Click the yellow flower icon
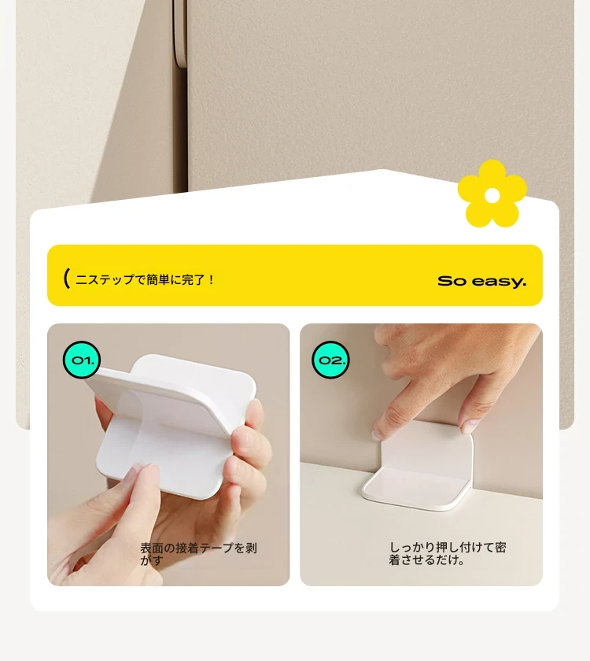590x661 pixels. coord(492,194)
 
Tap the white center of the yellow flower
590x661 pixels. coord(492,195)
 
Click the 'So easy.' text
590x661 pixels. coord(481,281)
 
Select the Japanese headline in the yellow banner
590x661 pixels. coord(145,279)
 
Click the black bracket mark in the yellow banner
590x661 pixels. coord(66,279)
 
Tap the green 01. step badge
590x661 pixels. coord(82,360)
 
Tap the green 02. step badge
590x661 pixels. coord(331,360)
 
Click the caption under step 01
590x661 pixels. coord(198,554)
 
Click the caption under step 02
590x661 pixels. coord(447,553)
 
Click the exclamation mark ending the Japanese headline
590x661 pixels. coord(211,279)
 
